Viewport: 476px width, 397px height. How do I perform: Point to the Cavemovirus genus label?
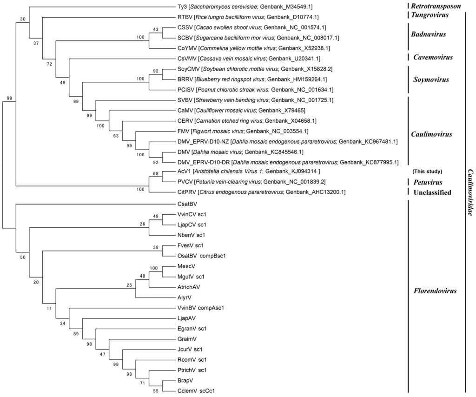[432, 57]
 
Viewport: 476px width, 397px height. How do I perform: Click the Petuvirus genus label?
[428, 182]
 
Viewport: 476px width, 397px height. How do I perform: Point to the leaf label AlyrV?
[185, 297]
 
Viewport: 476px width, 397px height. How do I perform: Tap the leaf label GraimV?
[187, 339]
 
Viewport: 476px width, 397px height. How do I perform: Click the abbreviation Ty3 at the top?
[183, 7]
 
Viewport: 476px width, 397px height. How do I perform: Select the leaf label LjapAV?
[187, 318]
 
